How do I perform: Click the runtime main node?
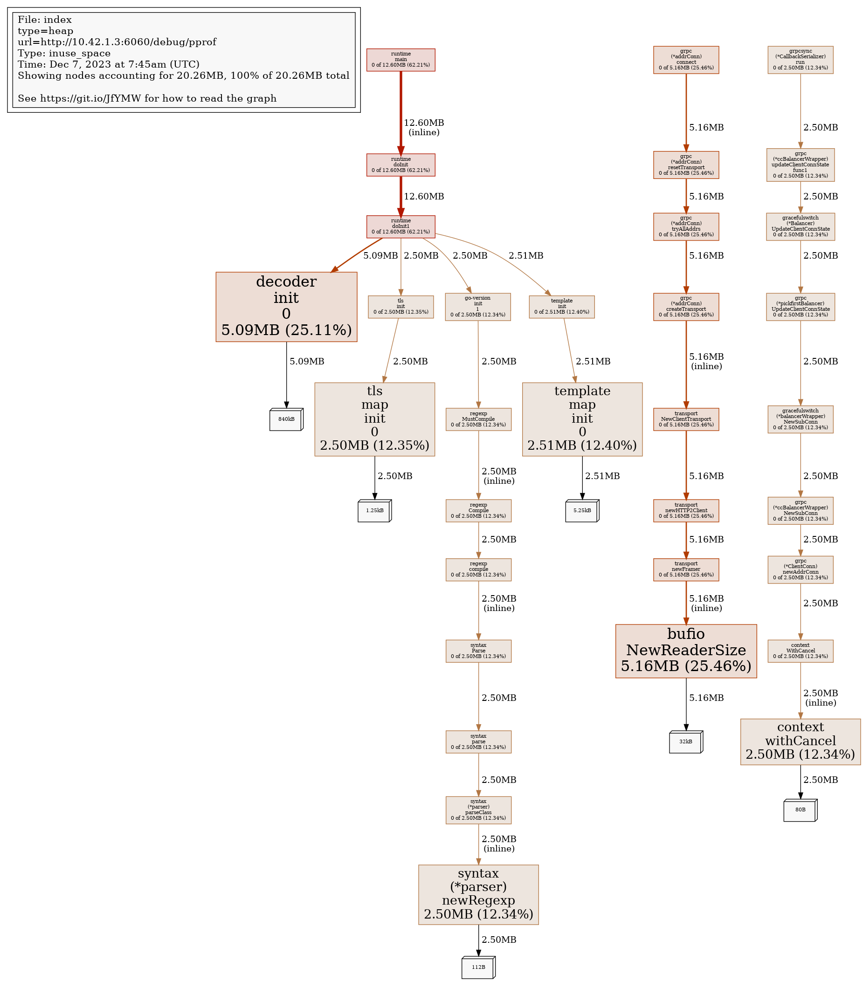click(400, 60)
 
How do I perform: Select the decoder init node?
click(286, 307)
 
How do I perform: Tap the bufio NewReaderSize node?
click(686, 651)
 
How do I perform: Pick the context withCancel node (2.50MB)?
click(800, 741)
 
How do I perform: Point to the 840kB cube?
click(286, 419)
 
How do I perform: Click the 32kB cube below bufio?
click(686, 741)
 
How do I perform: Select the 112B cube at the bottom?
click(478, 967)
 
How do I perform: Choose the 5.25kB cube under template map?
click(582, 510)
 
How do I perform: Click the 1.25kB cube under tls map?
click(374, 510)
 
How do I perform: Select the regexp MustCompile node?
click(478, 419)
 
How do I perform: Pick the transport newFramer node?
click(686, 569)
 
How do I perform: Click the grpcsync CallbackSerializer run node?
click(800, 60)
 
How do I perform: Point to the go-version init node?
click(478, 307)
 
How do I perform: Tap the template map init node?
click(582, 419)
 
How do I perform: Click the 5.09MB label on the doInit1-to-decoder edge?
click(380, 256)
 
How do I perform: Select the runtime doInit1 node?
click(400, 226)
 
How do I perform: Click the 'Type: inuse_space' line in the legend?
click(64, 53)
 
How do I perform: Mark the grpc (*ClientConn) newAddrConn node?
click(800, 569)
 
